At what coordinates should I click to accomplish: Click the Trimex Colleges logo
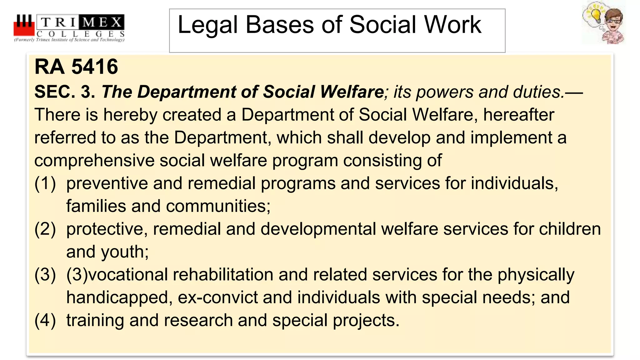point(69,28)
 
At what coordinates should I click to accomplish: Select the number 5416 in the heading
point(95,67)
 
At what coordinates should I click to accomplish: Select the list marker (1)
point(45,183)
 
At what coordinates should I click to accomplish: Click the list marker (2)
point(45,229)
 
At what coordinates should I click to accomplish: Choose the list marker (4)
point(45,321)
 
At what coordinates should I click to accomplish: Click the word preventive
point(107,183)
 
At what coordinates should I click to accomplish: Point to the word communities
point(218,206)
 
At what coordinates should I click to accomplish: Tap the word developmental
point(318,229)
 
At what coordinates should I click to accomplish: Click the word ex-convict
point(218,297)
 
